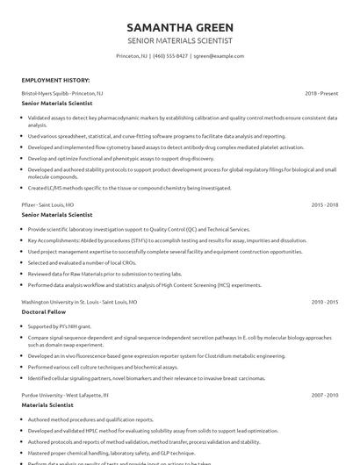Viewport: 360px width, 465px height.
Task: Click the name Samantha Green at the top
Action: tap(180, 27)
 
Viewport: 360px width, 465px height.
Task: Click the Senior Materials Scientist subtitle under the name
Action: tap(180, 41)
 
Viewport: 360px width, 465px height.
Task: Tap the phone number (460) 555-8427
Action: tap(170, 55)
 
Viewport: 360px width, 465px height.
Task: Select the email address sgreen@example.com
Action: tap(219, 55)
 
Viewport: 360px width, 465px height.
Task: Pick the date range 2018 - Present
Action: tap(321, 92)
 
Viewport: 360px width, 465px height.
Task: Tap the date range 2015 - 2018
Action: tap(325, 204)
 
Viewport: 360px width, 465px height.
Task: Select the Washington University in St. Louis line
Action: tap(79, 301)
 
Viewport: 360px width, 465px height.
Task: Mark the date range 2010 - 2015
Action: tap(325, 301)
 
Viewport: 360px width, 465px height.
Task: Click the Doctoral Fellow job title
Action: tap(46, 311)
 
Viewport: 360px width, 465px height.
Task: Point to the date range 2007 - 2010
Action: tap(325, 396)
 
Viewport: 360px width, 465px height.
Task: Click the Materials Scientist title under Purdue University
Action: tap(51, 406)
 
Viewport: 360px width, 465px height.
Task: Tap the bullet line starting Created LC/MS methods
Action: tap(129, 188)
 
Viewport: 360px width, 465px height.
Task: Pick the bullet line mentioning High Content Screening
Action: tap(144, 284)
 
